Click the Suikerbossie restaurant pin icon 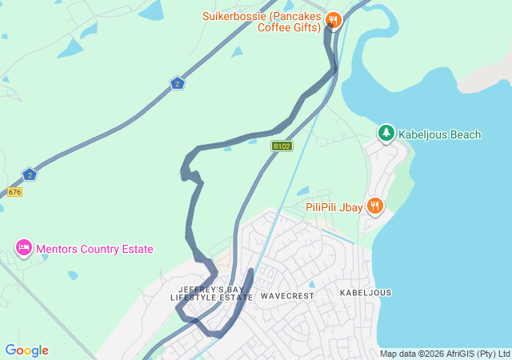pyautogui.click(x=334, y=20)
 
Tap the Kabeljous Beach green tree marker pyautogui.click(x=386, y=134)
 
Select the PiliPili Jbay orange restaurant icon pyautogui.click(x=375, y=206)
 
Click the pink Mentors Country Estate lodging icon pyautogui.click(x=23, y=248)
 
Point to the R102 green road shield pyautogui.click(x=282, y=146)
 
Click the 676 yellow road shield pyautogui.click(x=14, y=192)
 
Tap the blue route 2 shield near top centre pyautogui.click(x=178, y=82)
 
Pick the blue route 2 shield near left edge pyautogui.click(x=30, y=174)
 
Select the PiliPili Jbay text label pyautogui.click(x=334, y=206)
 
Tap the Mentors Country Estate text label pyautogui.click(x=94, y=249)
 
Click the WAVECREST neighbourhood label pyautogui.click(x=287, y=295)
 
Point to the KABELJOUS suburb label pyautogui.click(x=366, y=293)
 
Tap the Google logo pyautogui.click(x=26, y=350)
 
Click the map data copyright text pyautogui.click(x=444, y=354)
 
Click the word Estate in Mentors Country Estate pyautogui.click(x=136, y=249)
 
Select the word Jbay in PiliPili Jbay pyautogui.click(x=349, y=206)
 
